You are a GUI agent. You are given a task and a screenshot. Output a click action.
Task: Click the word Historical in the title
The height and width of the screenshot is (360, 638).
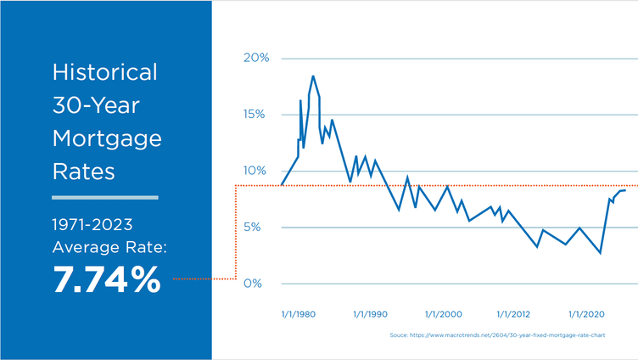pyautogui.click(x=105, y=72)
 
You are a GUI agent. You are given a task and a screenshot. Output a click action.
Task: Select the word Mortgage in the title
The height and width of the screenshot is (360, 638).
pyautogui.click(x=106, y=138)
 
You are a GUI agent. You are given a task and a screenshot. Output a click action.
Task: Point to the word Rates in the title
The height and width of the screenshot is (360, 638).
pyautogui.click(x=83, y=172)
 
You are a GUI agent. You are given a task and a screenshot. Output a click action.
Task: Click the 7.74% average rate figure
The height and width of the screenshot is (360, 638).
pyautogui.click(x=106, y=279)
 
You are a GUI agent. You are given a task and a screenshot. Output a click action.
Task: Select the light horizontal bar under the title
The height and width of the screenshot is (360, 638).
pyautogui.click(x=105, y=198)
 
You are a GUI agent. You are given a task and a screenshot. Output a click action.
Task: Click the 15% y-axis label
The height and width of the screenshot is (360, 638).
pyautogui.click(x=255, y=115)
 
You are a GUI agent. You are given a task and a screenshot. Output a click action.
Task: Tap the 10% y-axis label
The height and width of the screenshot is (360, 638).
pyautogui.click(x=255, y=171)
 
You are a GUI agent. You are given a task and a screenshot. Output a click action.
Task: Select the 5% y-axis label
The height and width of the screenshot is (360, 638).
pyautogui.click(x=258, y=227)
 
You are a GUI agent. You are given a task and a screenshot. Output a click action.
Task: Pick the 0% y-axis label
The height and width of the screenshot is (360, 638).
pyautogui.click(x=258, y=283)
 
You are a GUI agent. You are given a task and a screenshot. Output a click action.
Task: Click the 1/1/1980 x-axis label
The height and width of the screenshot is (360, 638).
pyautogui.click(x=298, y=314)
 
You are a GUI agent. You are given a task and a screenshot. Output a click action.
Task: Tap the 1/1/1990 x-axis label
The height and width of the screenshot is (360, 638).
pyautogui.click(x=369, y=314)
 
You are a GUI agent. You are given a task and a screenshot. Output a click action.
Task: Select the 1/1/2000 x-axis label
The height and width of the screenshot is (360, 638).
pyautogui.click(x=442, y=314)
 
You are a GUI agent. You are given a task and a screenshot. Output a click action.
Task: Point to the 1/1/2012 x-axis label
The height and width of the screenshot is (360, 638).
pyautogui.click(x=514, y=314)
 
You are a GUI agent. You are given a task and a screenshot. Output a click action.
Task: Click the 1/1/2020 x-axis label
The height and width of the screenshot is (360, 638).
pyautogui.click(x=586, y=314)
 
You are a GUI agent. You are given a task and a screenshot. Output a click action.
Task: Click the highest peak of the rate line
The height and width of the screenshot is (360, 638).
pyautogui.click(x=313, y=76)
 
